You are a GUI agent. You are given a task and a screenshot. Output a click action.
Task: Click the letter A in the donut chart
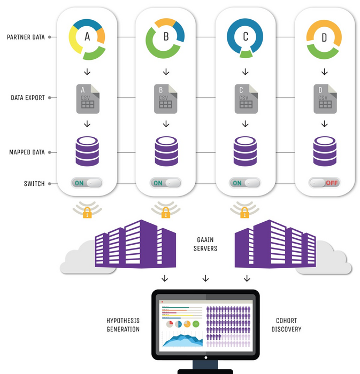pyautogui.click(x=87, y=37)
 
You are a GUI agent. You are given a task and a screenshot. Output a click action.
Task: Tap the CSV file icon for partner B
pyautogui.click(x=166, y=98)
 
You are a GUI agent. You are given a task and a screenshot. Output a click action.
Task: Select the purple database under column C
pyautogui.click(x=245, y=151)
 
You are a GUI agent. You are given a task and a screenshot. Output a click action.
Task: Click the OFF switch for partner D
pyautogui.click(x=324, y=183)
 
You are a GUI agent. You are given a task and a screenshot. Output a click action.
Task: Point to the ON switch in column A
pyautogui.click(x=86, y=183)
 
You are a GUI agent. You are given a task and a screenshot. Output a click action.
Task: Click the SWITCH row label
pyautogui.click(x=34, y=184)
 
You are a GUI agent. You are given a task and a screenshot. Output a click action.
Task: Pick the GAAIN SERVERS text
pyautogui.click(x=205, y=245)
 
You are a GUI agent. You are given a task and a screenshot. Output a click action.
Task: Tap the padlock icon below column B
pyautogui.click(x=166, y=214)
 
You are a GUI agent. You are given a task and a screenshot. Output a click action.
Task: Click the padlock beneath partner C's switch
pyautogui.click(x=245, y=214)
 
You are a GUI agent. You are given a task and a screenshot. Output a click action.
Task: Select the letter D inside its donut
pyautogui.click(x=325, y=38)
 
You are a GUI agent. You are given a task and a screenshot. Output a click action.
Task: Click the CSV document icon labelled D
pyautogui.click(x=324, y=98)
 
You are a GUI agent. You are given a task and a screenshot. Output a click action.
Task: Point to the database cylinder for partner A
pyautogui.click(x=87, y=151)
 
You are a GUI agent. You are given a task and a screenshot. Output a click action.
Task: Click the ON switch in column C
pyautogui.click(x=245, y=183)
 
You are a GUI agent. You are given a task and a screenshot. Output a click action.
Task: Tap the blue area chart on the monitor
pyautogui.click(x=182, y=340)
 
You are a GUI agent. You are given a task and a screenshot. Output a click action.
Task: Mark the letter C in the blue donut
pyautogui.click(x=245, y=37)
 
